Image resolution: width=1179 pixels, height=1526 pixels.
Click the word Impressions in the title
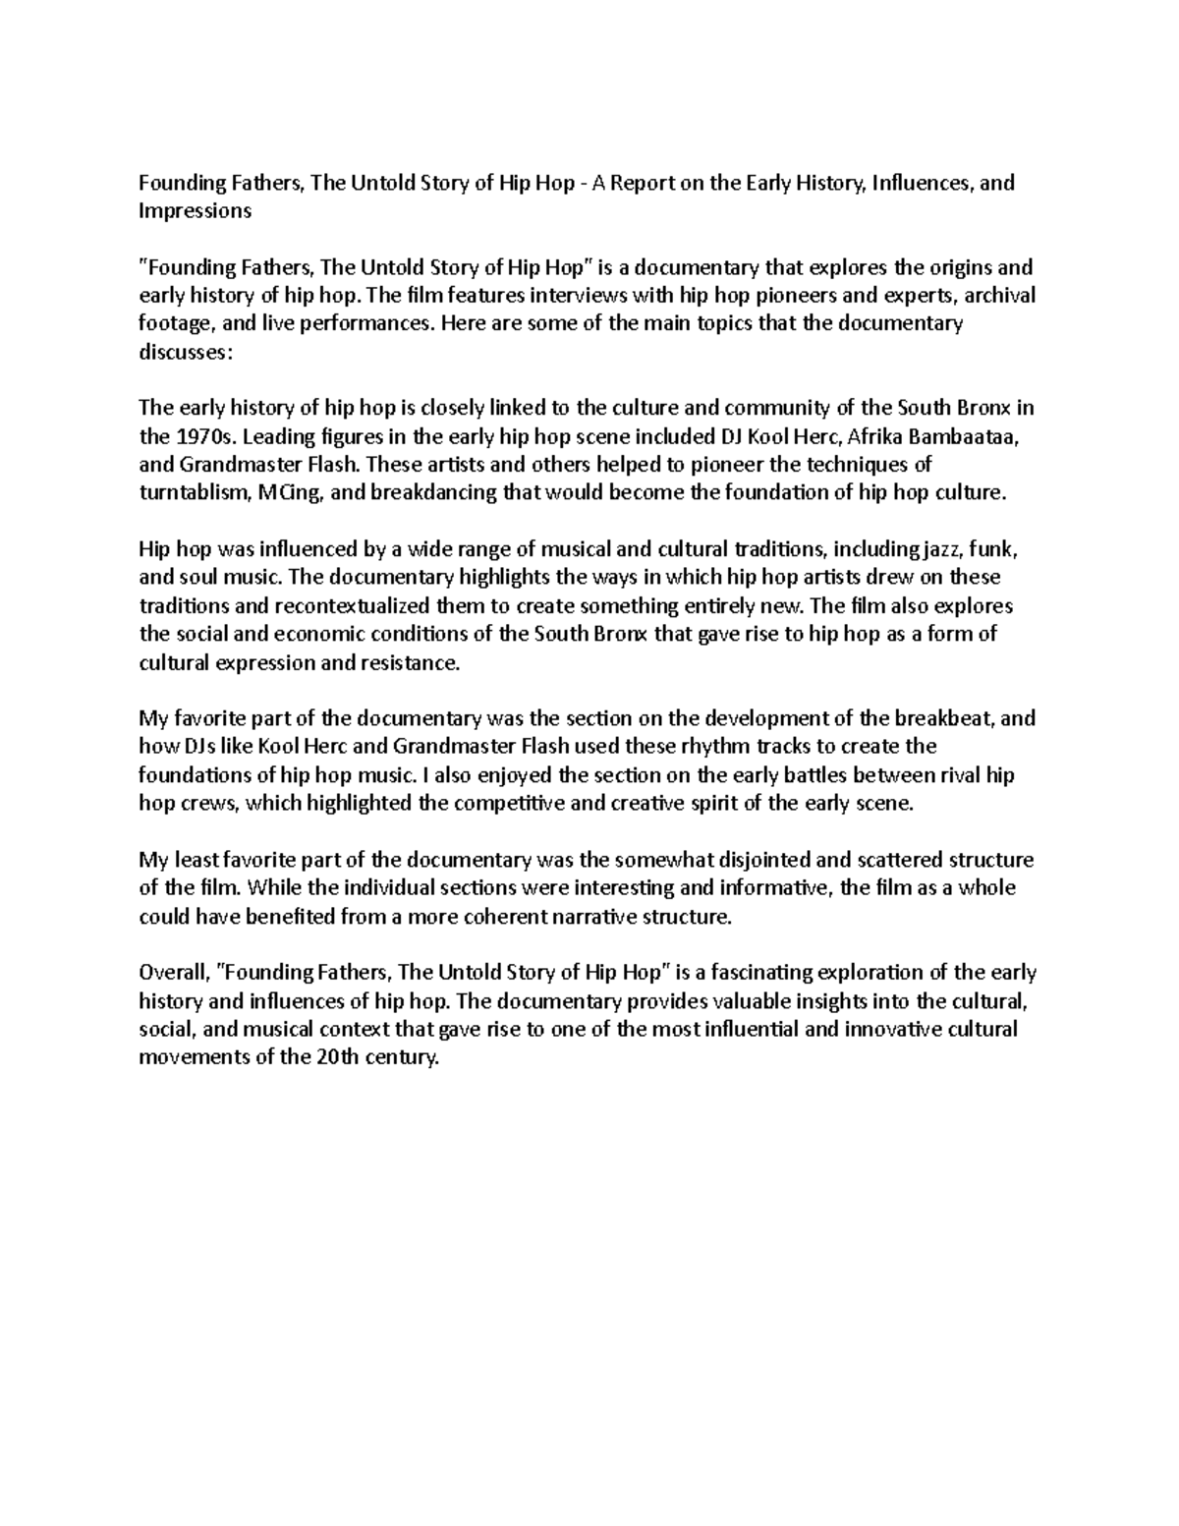(x=195, y=211)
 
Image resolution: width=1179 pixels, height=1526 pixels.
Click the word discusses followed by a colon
(x=187, y=353)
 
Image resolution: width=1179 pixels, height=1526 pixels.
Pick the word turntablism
(x=189, y=493)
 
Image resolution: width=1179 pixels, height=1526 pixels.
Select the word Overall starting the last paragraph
(x=173, y=973)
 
